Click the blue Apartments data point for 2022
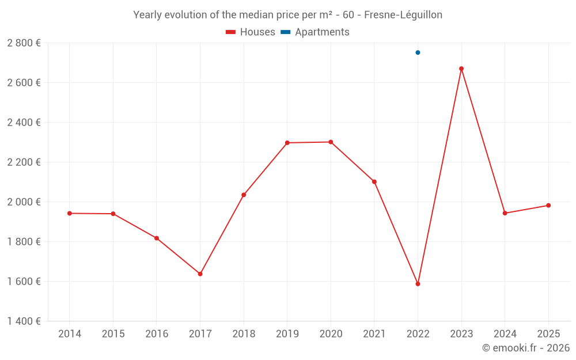pos(418,52)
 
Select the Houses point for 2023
pos(461,69)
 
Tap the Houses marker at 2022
pos(418,284)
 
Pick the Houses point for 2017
pos(200,274)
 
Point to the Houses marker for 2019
pos(287,143)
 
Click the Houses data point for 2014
pos(70,213)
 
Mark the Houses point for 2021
pos(374,182)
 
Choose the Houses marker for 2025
pos(548,206)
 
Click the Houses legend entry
pos(251,32)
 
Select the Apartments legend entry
pos(315,32)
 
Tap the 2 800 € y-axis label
pos(24,43)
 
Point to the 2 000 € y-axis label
pos(24,202)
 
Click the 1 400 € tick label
pos(24,321)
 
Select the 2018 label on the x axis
pos(244,334)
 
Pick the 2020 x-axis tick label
pos(331,334)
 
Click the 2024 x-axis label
pos(505,334)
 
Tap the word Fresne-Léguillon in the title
pos(403,15)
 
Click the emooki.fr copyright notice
pos(525,348)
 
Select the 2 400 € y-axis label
pos(24,123)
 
